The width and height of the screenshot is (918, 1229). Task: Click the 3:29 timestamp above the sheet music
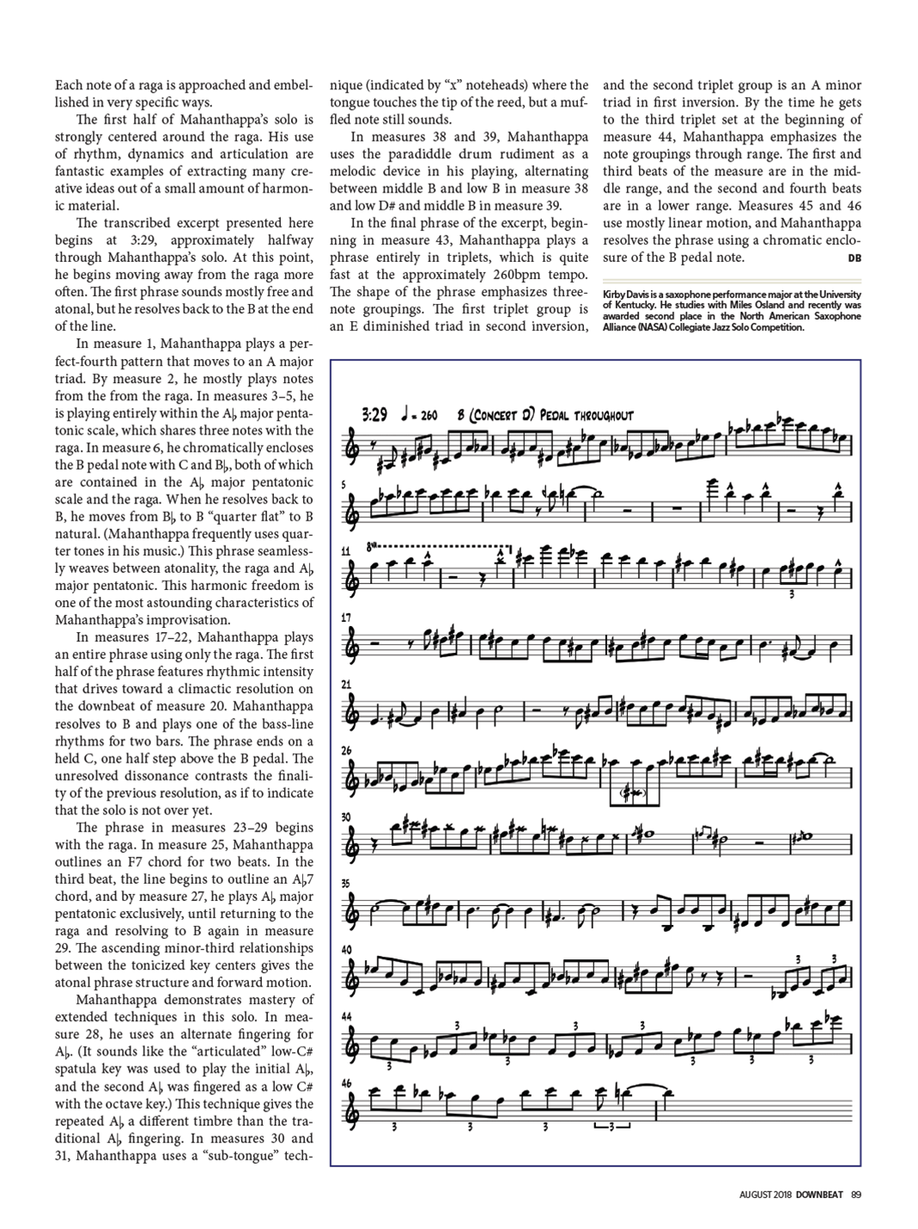pos(375,416)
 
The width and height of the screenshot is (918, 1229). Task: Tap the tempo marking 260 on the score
pos(427,417)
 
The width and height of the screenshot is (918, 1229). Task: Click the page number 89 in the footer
pos(856,1193)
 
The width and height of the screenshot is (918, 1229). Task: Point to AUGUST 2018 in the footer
pos(765,1193)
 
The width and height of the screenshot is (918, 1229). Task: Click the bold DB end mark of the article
pos(854,258)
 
